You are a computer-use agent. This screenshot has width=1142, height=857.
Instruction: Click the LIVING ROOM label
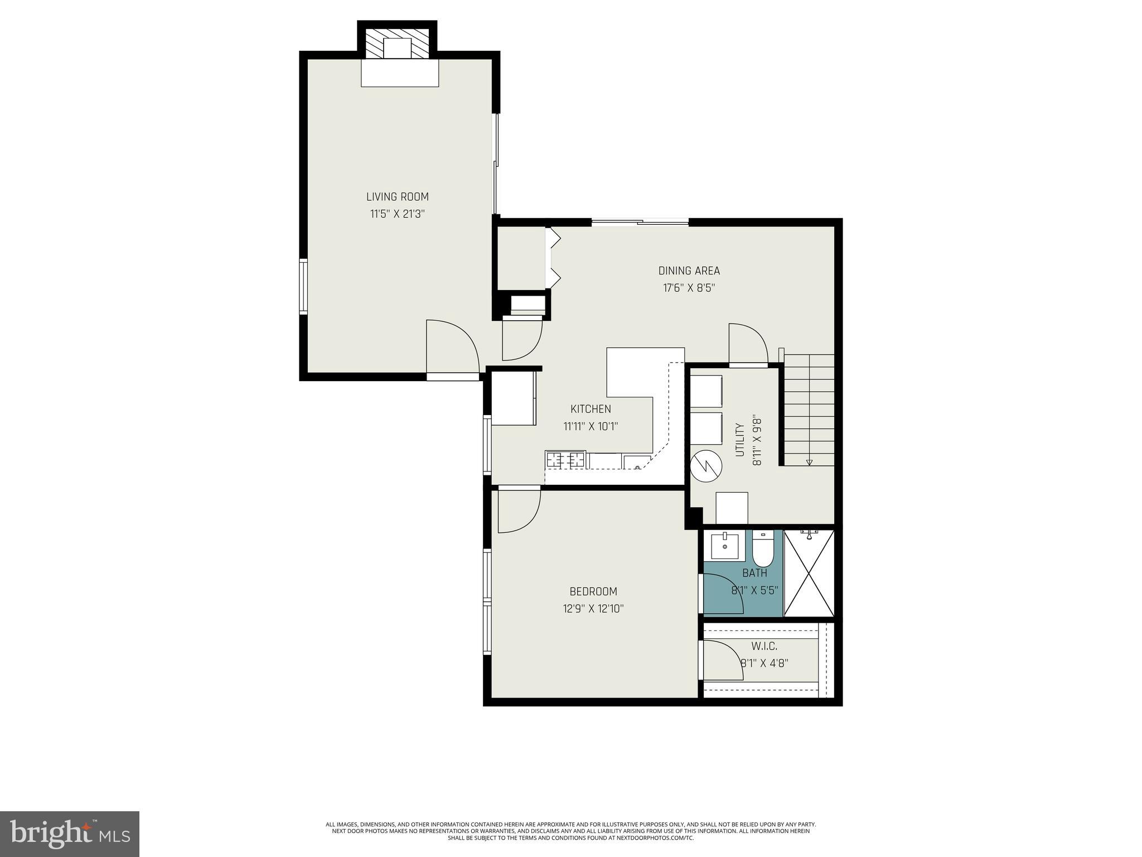point(397,196)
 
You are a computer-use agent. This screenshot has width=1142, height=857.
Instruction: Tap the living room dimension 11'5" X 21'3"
point(397,214)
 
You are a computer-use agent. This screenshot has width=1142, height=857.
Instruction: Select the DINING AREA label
point(689,271)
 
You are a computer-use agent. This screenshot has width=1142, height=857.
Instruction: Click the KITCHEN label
point(591,409)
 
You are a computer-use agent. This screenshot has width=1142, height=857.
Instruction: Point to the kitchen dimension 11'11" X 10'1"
point(591,426)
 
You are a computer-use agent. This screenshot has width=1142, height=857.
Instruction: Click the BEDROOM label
point(593,591)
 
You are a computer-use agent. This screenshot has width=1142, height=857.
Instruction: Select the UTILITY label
point(740,440)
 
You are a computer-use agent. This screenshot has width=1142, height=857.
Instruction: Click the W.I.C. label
point(764,646)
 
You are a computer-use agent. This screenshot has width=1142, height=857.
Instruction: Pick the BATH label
point(754,573)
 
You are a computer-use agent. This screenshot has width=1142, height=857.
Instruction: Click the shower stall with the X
point(809,574)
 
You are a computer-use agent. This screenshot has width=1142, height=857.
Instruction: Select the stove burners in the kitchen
point(565,460)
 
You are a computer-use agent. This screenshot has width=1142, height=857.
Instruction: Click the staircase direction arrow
point(809,461)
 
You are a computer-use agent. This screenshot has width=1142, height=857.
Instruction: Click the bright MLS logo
point(70,833)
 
